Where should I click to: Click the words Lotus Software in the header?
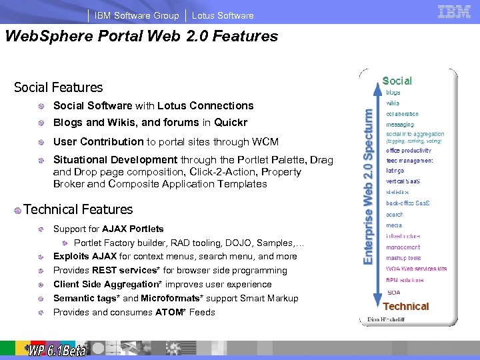coord(223,15)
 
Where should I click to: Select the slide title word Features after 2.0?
coord(245,37)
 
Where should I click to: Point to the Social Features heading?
coord(59,87)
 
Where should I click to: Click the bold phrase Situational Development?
coord(115,159)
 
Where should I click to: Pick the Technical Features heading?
coord(78,209)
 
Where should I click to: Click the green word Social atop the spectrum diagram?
coord(397,81)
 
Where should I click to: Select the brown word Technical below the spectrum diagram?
coord(406,307)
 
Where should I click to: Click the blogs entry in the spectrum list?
coord(393,93)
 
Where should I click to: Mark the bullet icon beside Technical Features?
coord(17,210)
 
